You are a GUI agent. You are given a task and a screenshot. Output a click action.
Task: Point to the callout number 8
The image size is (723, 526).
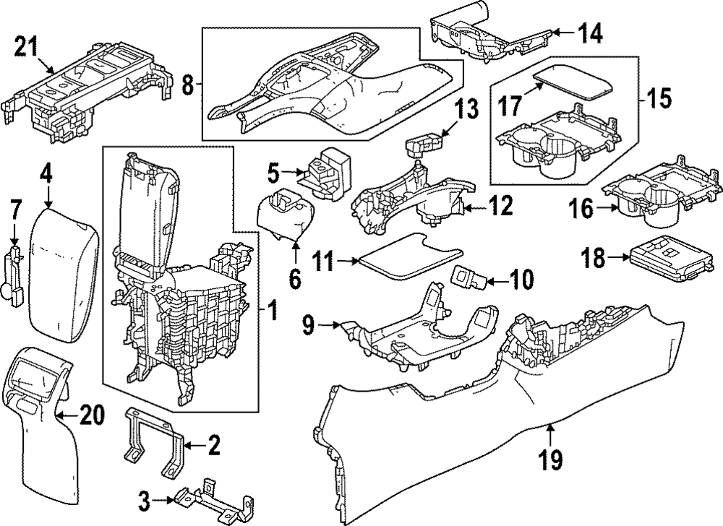pos(187,86)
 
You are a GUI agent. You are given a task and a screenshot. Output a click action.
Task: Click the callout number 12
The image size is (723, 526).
pos(500,207)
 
